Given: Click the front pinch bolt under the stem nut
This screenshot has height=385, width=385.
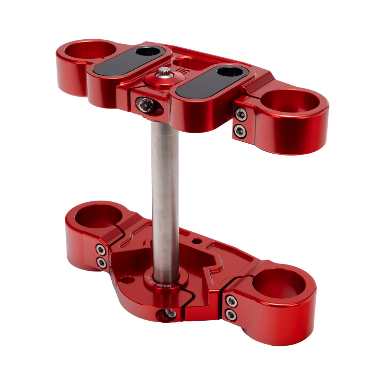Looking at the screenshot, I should point(146,104).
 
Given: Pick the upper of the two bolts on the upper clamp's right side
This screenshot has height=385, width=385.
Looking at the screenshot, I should point(240,114).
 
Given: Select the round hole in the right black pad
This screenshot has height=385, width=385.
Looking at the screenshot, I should point(229,71).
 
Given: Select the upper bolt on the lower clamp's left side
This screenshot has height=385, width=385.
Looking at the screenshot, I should point(101,250).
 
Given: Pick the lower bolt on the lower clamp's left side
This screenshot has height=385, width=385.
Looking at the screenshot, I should point(102,263).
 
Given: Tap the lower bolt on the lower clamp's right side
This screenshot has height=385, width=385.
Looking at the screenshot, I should point(231,315).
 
